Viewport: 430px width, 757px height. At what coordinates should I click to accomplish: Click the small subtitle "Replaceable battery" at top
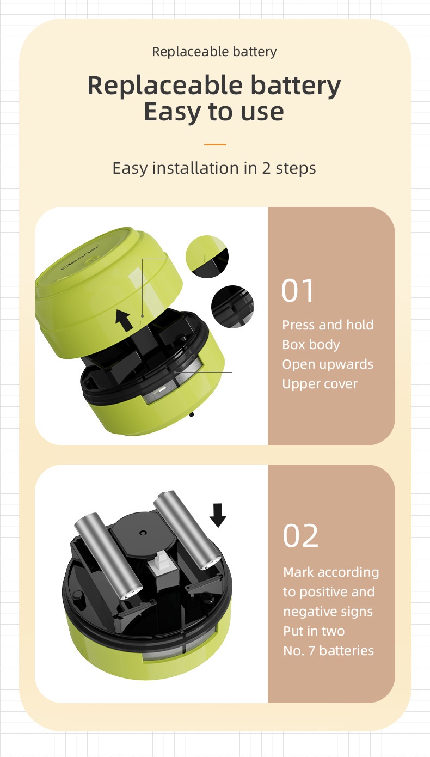click(214, 52)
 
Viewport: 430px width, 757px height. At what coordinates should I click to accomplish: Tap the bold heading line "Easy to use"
click(214, 112)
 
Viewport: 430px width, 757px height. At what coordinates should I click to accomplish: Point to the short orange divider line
click(215, 144)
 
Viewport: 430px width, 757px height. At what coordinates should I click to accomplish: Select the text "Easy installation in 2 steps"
click(214, 168)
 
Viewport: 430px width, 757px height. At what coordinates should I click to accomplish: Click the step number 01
click(298, 291)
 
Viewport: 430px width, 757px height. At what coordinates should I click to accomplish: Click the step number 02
click(300, 536)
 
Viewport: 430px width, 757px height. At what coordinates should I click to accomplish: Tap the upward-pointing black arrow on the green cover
click(124, 321)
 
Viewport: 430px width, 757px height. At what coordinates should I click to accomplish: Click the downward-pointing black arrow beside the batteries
click(218, 515)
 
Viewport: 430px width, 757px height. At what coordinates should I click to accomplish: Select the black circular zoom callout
click(233, 307)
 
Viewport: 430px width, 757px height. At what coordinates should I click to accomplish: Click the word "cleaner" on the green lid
click(80, 257)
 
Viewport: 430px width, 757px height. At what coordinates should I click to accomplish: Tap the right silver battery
click(187, 531)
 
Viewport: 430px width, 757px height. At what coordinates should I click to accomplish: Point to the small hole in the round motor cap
click(143, 533)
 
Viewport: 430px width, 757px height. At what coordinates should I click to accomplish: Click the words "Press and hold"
click(328, 325)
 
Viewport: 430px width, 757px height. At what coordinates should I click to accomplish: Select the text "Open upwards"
click(328, 365)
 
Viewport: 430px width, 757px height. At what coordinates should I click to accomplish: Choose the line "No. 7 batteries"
click(329, 651)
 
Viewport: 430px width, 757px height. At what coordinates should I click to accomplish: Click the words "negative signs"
click(328, 612)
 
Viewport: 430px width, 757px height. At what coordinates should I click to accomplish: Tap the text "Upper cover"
click(320, 384)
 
